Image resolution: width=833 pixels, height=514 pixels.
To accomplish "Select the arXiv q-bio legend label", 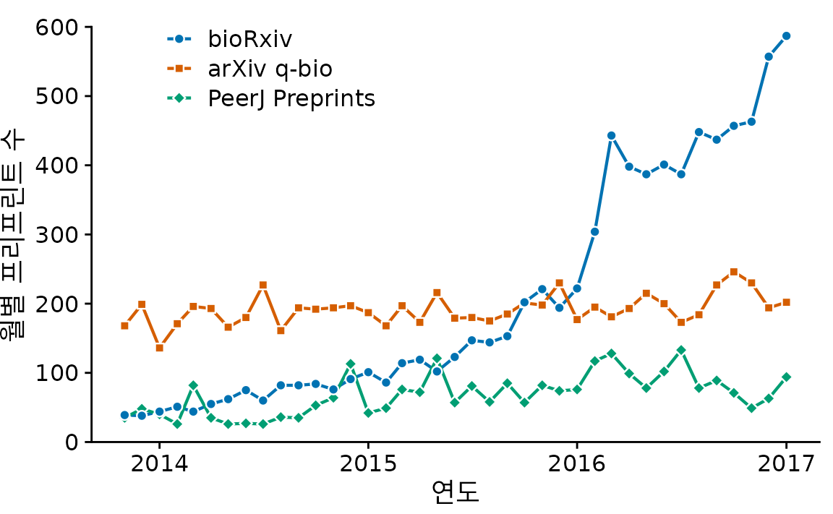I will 270,69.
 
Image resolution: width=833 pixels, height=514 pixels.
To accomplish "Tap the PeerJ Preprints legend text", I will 291,98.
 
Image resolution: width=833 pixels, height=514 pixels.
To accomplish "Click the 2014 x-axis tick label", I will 159,463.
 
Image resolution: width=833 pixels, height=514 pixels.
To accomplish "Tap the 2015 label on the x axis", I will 368,463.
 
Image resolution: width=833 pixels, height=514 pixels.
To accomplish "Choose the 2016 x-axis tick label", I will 576,463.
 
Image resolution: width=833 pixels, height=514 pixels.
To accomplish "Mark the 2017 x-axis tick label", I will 786,463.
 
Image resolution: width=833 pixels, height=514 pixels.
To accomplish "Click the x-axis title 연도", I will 455,493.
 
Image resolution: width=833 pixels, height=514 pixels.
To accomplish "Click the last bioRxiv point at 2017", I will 786,35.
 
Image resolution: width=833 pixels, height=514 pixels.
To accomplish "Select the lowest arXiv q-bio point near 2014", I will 159,348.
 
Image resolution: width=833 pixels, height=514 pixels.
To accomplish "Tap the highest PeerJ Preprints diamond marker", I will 681,350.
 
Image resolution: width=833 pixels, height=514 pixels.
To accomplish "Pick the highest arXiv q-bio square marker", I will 733,272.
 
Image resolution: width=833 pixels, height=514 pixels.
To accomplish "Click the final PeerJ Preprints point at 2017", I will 786,377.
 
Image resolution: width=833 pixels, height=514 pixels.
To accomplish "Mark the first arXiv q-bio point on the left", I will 124,325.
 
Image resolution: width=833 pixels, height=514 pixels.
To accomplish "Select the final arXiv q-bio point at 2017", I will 786,302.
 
